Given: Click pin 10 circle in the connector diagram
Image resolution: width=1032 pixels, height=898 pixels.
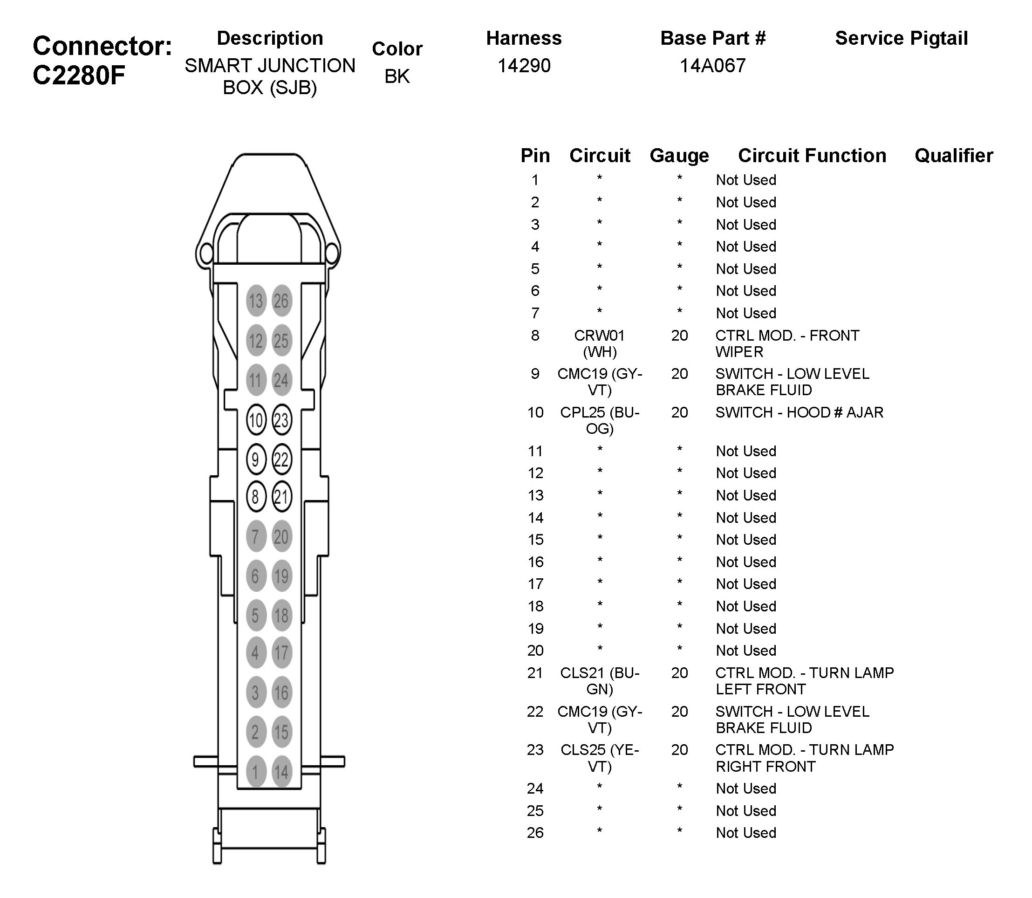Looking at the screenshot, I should [255, 420].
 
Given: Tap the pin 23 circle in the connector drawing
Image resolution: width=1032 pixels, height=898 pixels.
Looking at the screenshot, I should [281, 420].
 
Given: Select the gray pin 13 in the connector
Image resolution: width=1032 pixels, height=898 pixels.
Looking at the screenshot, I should [255, 301].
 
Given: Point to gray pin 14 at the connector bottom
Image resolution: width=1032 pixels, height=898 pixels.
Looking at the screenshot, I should [281, 772].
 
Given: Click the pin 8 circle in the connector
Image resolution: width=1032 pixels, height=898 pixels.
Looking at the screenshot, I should [255, 497].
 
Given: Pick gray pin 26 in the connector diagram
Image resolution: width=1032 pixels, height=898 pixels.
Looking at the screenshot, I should [281, 301].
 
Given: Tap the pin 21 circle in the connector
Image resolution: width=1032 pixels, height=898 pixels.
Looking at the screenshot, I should [281, 497].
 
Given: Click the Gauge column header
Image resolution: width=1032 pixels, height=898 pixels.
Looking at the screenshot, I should [679, 156].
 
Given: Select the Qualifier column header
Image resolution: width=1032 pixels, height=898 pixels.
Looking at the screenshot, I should [953, 156].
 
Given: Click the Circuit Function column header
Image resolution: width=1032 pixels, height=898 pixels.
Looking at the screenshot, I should [812, 156].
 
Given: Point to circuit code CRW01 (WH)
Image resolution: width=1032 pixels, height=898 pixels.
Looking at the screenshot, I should [599, 343].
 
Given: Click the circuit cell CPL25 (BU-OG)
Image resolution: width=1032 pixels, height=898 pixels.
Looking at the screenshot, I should [599, 420].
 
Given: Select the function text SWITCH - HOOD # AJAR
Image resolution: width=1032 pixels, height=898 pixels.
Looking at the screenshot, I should [799, 412].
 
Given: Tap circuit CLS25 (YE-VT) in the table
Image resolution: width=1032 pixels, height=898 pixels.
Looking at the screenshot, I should [599, 758].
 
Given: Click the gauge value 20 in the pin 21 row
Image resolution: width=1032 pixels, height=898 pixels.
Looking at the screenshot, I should [679, 673].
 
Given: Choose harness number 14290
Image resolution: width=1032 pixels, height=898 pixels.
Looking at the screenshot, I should [524, 66].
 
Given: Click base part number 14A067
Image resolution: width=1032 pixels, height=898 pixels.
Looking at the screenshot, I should [712, 66].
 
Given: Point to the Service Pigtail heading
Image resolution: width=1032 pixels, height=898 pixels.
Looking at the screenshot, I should [901, 39].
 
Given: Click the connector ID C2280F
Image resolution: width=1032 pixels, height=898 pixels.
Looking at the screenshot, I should [79, 76].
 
